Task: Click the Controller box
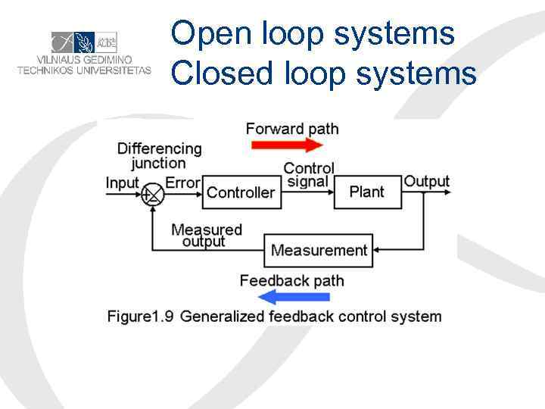coord(241,192)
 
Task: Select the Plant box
coord(366,192)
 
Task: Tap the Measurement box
coord(319,250)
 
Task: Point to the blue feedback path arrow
coord(284,296)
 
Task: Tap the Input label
coord(123,183)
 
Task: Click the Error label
coord(182,183)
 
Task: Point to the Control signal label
coord(308,174)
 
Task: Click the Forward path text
coord(292,128)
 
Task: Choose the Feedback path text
coord(291,281)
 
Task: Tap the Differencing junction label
coord(159,155)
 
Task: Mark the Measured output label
coord(206,235)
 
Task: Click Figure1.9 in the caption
coord(140,316)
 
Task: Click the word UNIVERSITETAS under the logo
coord(114,70)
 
